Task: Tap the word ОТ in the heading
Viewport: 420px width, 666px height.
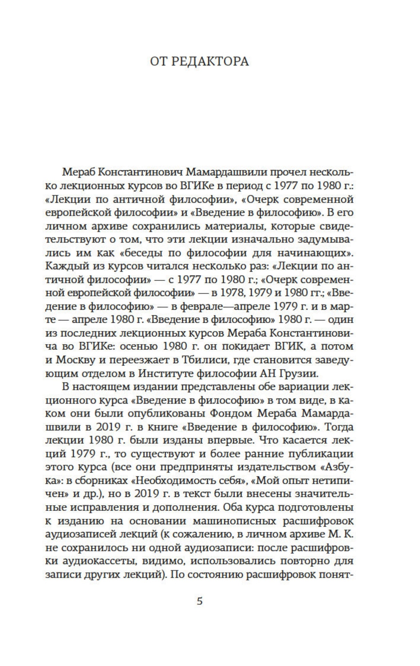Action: point(158,61)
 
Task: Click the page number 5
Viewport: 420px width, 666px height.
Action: point(199,601)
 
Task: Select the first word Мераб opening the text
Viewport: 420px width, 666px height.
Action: point(76,172)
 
